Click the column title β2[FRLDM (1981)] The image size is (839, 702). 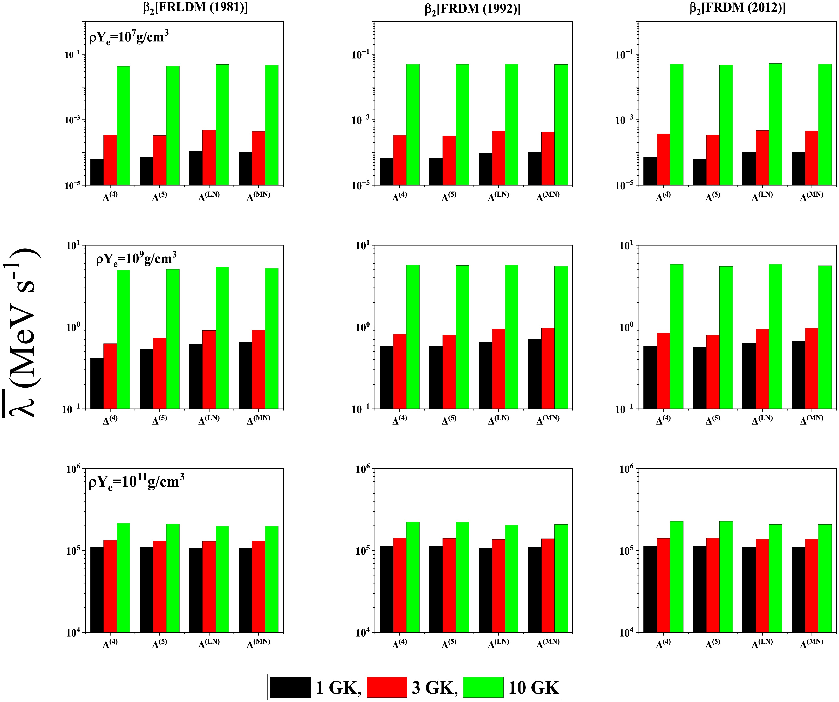[195, 8]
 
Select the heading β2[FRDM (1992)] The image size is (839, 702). [473, 9]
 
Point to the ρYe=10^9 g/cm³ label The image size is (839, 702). [136, 259]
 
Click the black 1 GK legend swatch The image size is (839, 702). [290, 687]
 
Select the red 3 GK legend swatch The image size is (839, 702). [386, 687]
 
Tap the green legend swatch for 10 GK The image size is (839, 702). [483, 687]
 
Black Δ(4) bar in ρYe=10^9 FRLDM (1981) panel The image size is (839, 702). [97, 383]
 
